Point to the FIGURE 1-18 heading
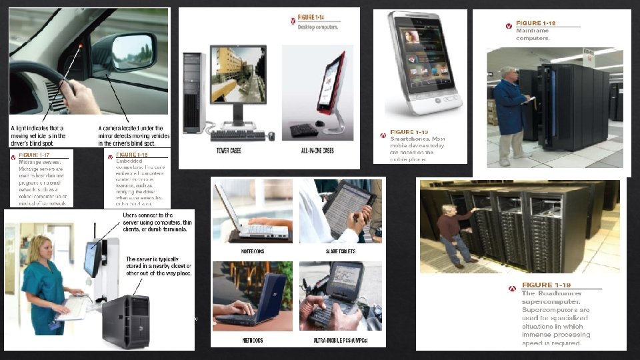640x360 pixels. click(539, 23)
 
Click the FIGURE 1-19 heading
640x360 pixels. click(547, 285)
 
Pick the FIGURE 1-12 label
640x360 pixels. click(131, 155)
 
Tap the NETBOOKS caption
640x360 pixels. click(253, 340)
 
